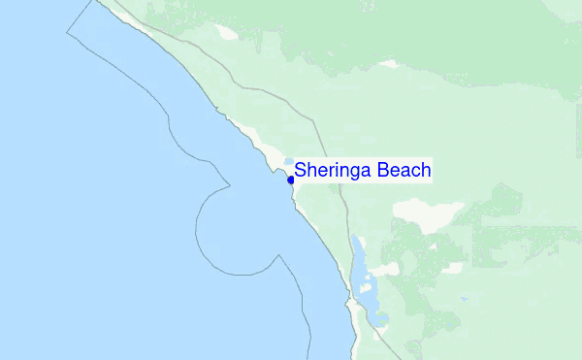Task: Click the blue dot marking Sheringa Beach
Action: [291, 180]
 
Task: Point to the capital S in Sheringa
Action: [301, 170]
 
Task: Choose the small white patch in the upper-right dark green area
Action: [388, 64]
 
